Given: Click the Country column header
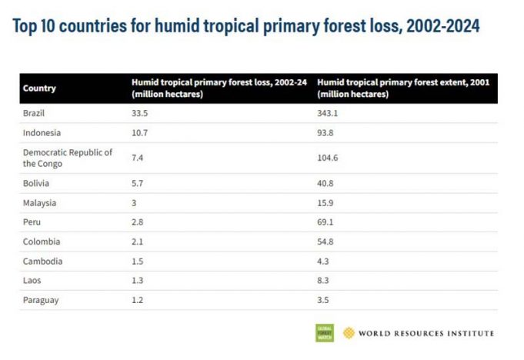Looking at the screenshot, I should click(39, 88).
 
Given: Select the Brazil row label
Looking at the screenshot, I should click(35, 112).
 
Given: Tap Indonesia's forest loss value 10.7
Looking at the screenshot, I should click(139, 132).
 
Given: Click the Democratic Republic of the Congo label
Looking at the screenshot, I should click(68, 158).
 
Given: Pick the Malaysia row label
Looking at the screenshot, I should click(39, 203).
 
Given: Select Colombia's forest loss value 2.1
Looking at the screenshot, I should click(137, 242).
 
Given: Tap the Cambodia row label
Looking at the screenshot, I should click(42, 261).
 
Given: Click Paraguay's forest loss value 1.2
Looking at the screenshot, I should click(137, 299).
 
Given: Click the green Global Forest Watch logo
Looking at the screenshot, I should click(325, 333).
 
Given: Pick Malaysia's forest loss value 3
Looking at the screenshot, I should click(135, 203).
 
